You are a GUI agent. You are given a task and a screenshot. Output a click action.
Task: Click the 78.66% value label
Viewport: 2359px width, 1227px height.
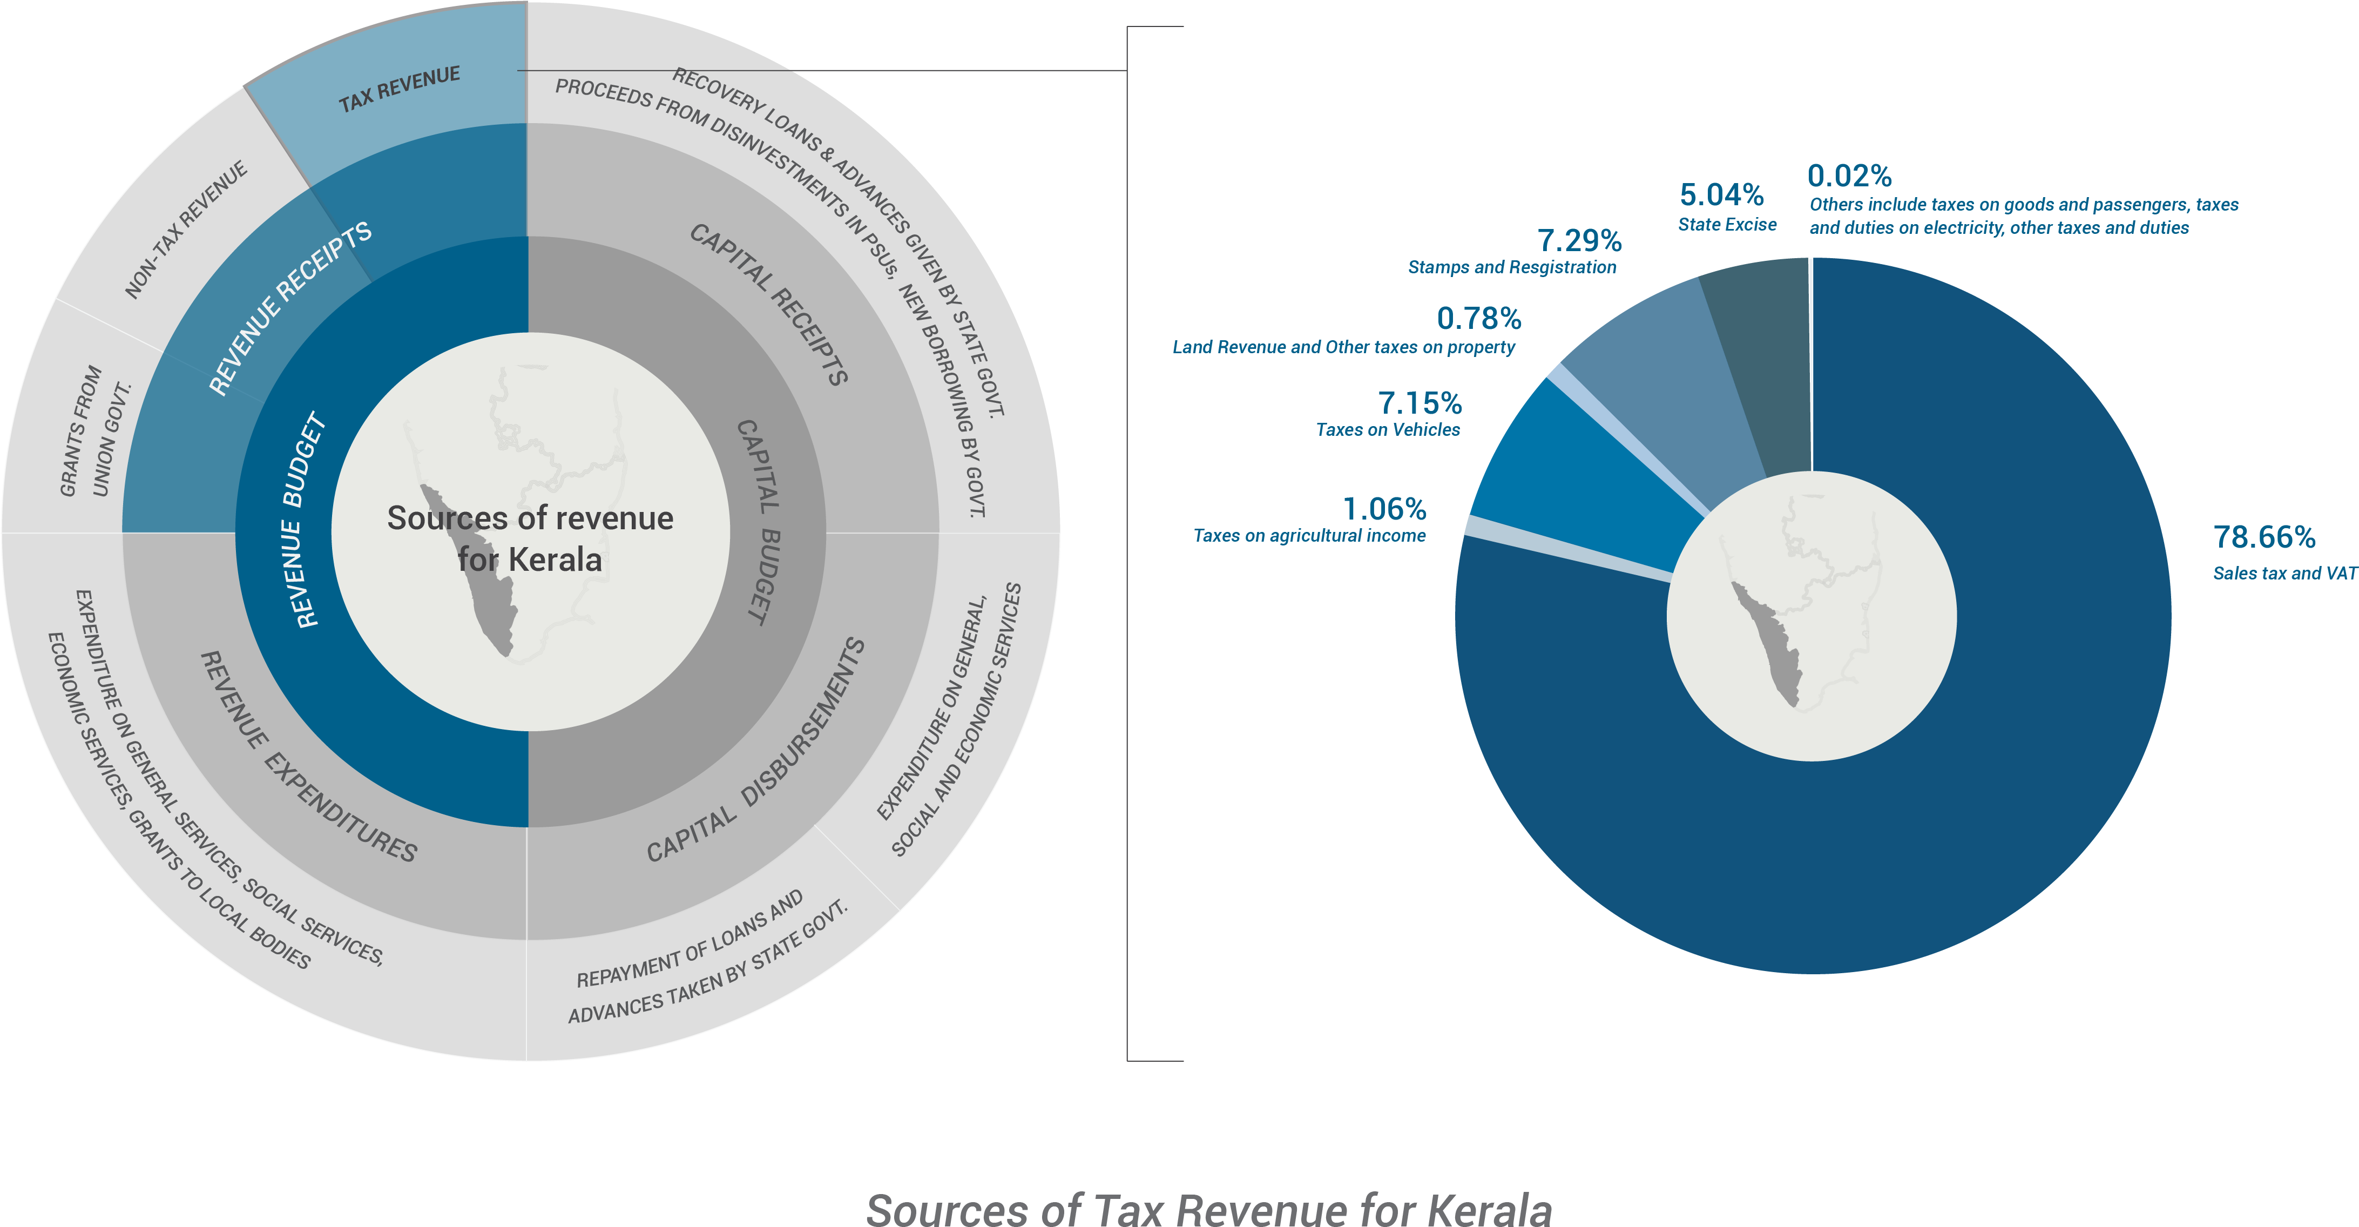click(2264, 537)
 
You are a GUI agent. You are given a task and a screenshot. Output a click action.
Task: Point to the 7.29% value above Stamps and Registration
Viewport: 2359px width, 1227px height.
click(1579, 241)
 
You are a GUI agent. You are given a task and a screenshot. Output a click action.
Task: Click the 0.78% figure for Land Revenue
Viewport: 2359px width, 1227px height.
click(1478, 319)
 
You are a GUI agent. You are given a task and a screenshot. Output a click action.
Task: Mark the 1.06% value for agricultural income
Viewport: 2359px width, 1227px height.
click(1384, 509)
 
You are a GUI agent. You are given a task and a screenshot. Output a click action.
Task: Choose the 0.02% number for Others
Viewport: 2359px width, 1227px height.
click(1849, 176)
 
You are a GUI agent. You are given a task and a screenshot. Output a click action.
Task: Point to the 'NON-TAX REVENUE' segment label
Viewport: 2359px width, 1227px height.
click(186, 230)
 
